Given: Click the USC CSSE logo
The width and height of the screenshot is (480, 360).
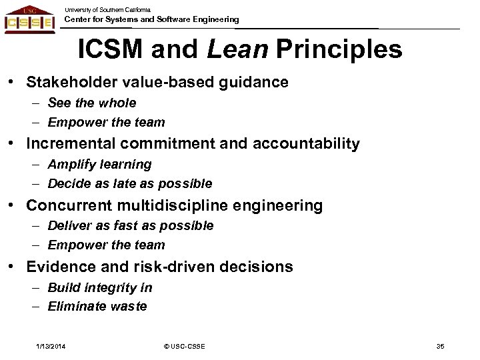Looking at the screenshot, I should click(x=29, y=21).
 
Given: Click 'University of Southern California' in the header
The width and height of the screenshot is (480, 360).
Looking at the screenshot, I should click(x=107, y=9).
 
